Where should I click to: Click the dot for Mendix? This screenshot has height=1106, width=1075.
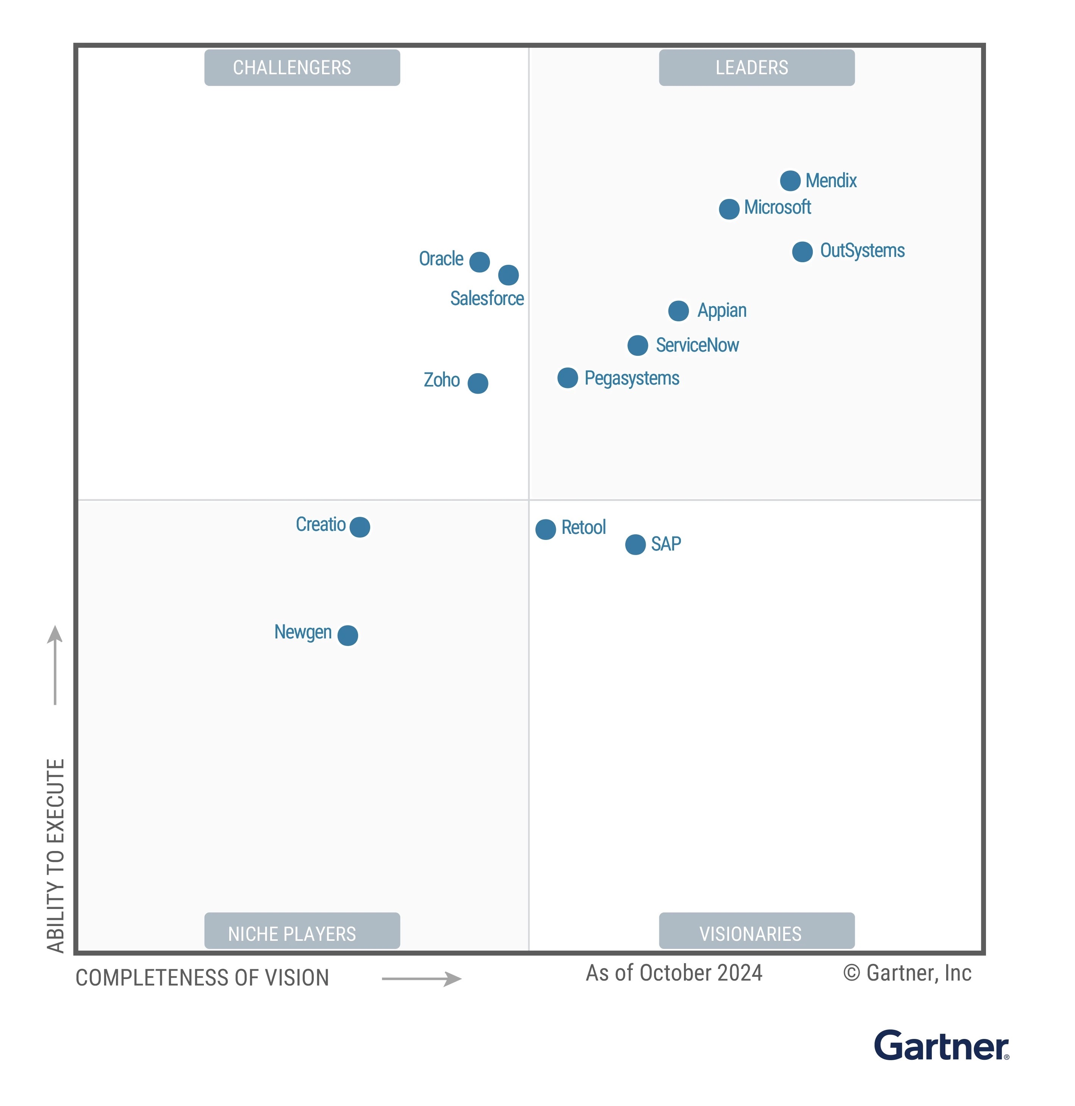click(790, 181)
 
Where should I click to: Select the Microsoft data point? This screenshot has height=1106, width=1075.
click(729, 209)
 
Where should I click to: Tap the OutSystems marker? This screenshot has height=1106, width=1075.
click(802, 252)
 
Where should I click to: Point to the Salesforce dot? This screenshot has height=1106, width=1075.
click(508, 275)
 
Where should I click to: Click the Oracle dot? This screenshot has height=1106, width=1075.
click(479, 262)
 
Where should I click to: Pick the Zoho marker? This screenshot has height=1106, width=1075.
click(478, 383)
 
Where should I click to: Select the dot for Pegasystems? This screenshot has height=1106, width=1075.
click(567, 378)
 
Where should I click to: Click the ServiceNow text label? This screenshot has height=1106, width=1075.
click(697, 345)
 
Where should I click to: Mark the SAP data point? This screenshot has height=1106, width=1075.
click(635, 544)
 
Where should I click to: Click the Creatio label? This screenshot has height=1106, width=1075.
click(320, 524)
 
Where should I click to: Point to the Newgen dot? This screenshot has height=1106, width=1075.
click(347, 635)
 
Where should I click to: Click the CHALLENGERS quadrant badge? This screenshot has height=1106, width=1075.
click(302, 68)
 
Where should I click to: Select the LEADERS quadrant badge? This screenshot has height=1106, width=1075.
click(757, 68)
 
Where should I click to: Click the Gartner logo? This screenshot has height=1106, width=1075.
click(941, 1046)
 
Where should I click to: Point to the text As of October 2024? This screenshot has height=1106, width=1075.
click(674, 973)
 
